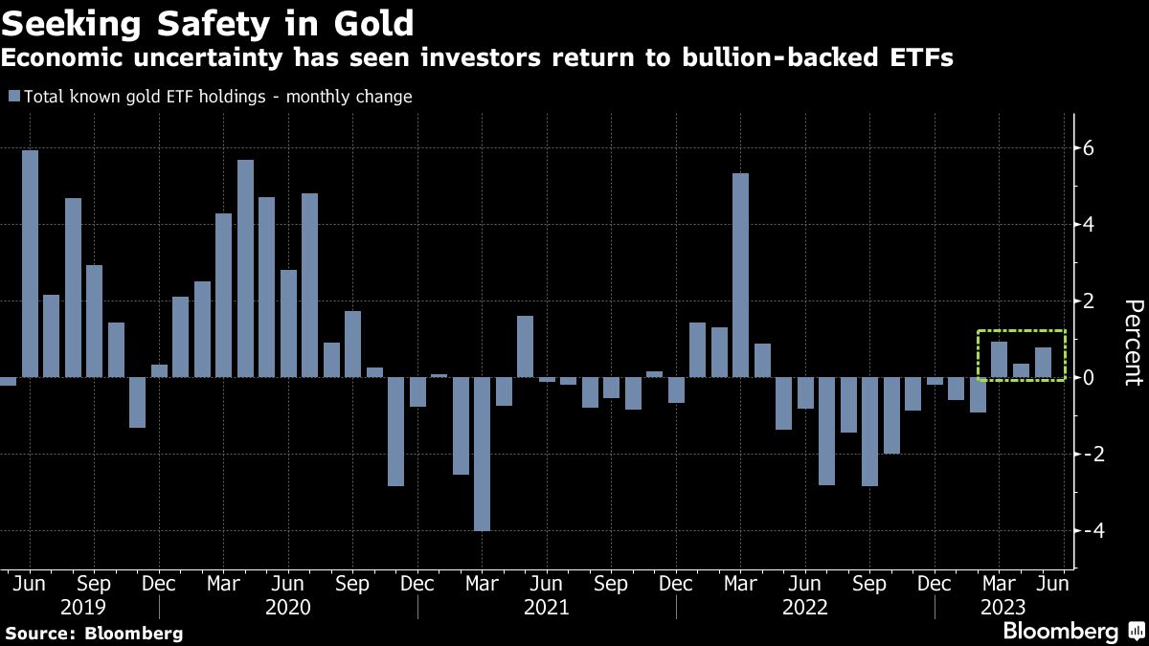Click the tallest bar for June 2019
point(30,263)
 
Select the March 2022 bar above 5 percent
point(739,275)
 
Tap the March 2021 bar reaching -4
point(482,454)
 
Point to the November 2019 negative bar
point(137,402)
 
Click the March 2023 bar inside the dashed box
point(999,360)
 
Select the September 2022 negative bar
point(869,432)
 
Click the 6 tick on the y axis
point(1089,148)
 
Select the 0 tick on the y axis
point(1089,378)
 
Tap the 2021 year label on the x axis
point(547,607)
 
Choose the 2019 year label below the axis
point(83,607)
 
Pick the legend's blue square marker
point(13,97)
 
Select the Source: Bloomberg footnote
point(94,633)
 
